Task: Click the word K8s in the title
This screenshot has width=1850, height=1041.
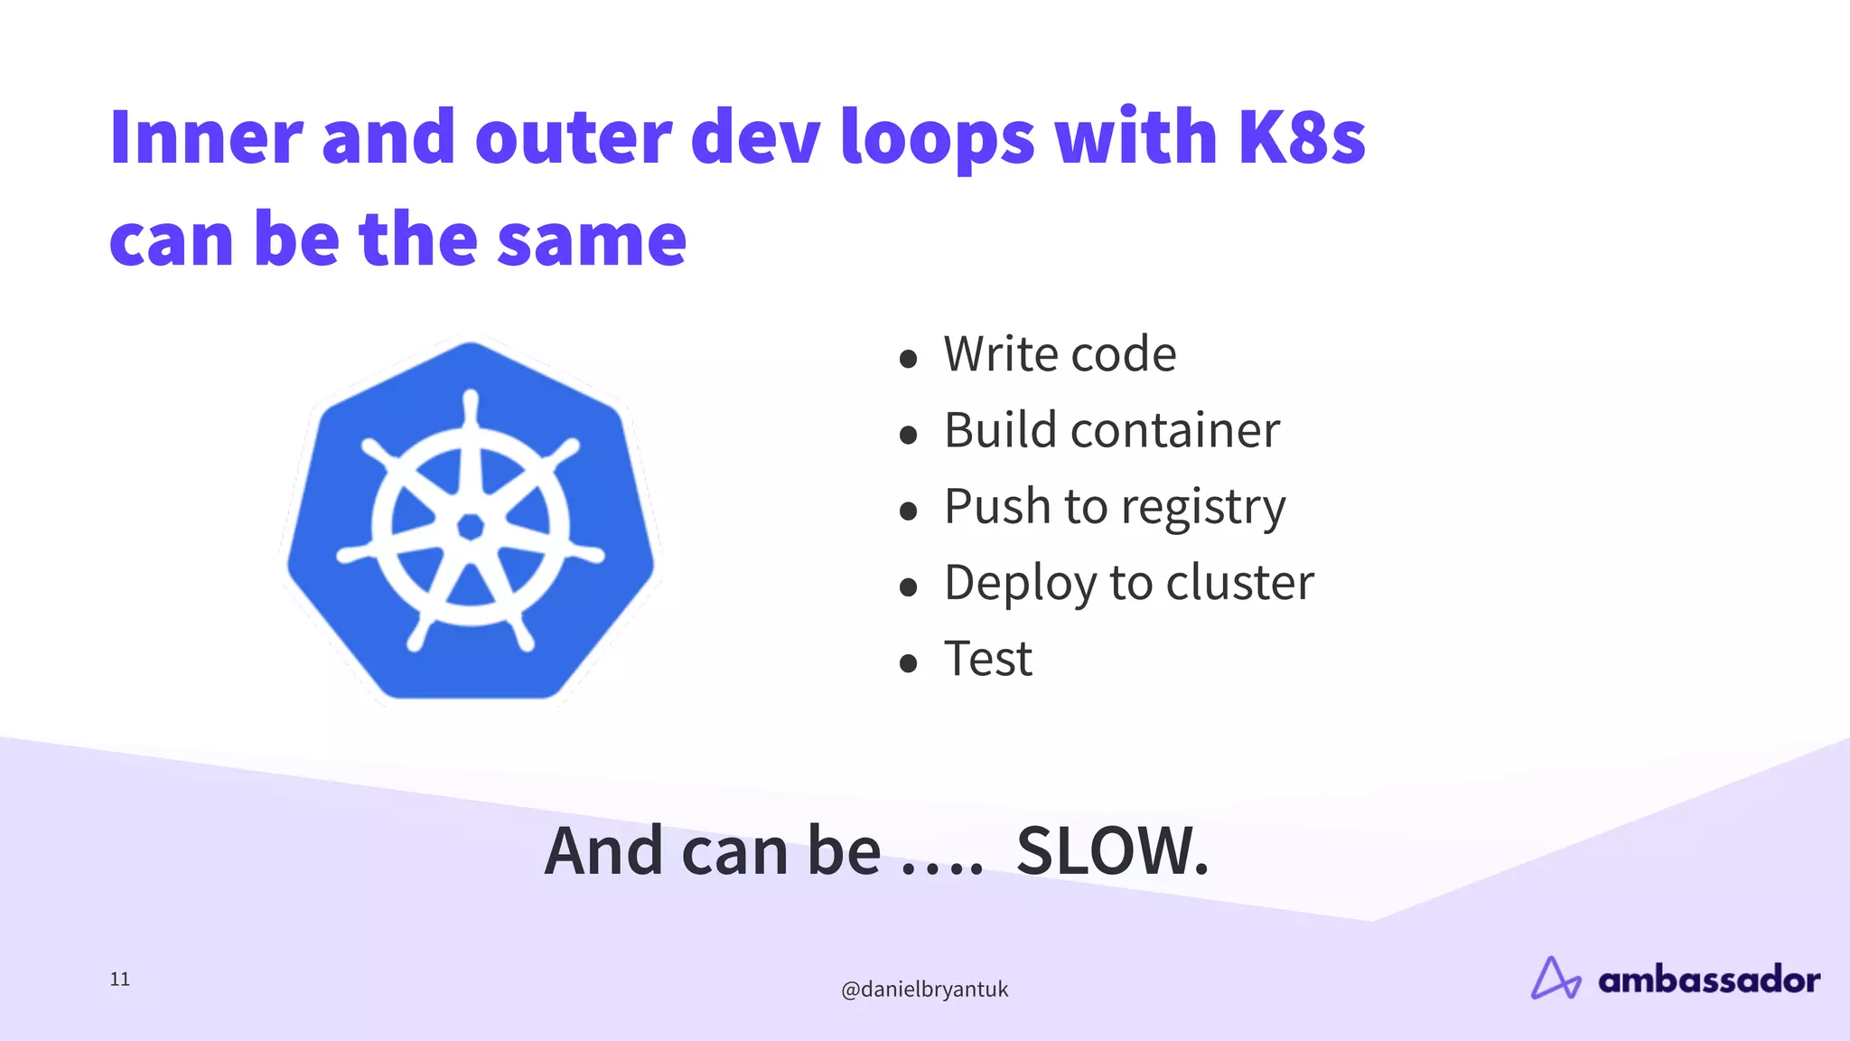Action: (1301, 137)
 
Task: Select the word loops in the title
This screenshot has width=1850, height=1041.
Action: (937, 137)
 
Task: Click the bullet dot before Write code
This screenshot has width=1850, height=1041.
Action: (909, 359)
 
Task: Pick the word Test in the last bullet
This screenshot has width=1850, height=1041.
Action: (987, 659)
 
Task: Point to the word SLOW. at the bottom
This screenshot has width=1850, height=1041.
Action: (1112, 851)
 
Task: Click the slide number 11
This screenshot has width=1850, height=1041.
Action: (120, 980)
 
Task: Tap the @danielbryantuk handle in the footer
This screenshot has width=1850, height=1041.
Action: (924, 989)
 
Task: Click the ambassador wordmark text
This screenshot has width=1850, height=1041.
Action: (1708, 980)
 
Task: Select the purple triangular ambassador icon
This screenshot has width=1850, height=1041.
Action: (1555, 979)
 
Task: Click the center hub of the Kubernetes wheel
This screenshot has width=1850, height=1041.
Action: (470, 526)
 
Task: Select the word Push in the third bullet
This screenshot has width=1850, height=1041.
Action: (998, 506)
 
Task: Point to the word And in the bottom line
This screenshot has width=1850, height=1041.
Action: (603, 851)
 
